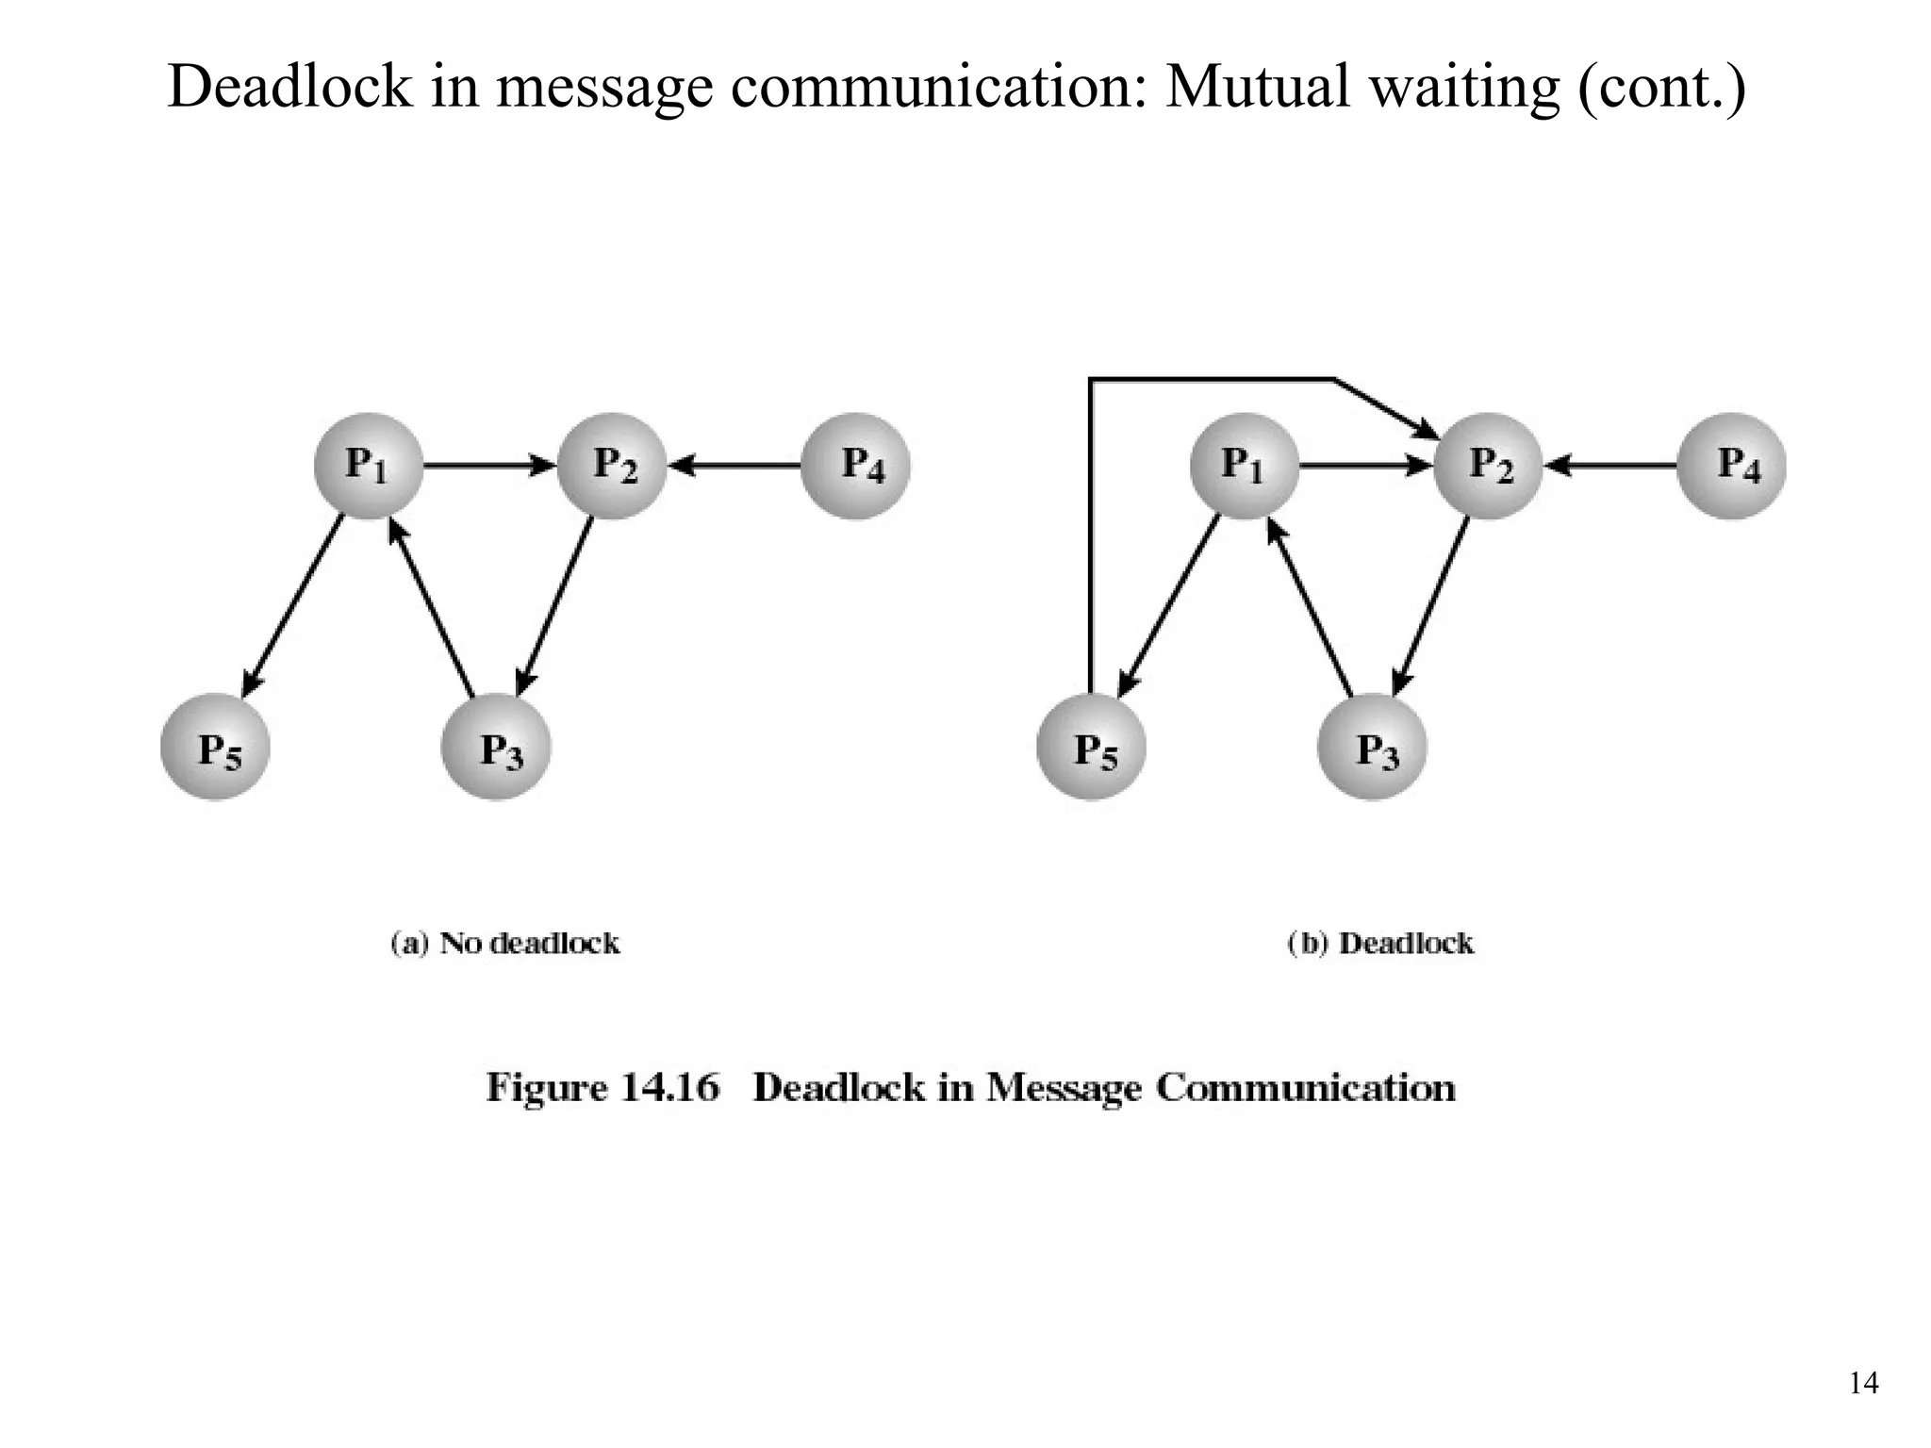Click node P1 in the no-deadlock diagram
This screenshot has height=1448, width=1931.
pos(368,466)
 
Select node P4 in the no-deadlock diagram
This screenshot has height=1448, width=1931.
pos(855,466)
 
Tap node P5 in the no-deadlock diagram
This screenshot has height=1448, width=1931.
pos(215,748)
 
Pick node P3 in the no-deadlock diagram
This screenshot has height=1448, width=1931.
pos(496,748)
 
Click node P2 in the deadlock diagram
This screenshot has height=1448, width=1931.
pos(1488,466)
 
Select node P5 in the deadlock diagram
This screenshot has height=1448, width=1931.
pos(1091,748)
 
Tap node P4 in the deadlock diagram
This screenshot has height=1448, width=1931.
pos(1731,466)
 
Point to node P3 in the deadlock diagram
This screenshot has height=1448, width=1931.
pos(1372,748)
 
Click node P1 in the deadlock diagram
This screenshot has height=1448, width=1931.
pos(1244,466)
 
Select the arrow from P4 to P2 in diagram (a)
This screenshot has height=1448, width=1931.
pos(735,465)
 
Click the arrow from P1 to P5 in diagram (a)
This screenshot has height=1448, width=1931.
pos(292,608)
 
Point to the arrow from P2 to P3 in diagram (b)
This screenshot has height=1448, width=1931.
pos(1431,608)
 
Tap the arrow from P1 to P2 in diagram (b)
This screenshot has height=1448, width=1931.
pos(1365,465)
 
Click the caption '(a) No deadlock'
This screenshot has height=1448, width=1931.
pos(505,944)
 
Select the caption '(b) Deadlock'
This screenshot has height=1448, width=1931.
pos(1379,944)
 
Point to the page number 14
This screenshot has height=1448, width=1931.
pos(1863,1383)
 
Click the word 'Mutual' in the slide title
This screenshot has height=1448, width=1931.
pos(1258,87)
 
